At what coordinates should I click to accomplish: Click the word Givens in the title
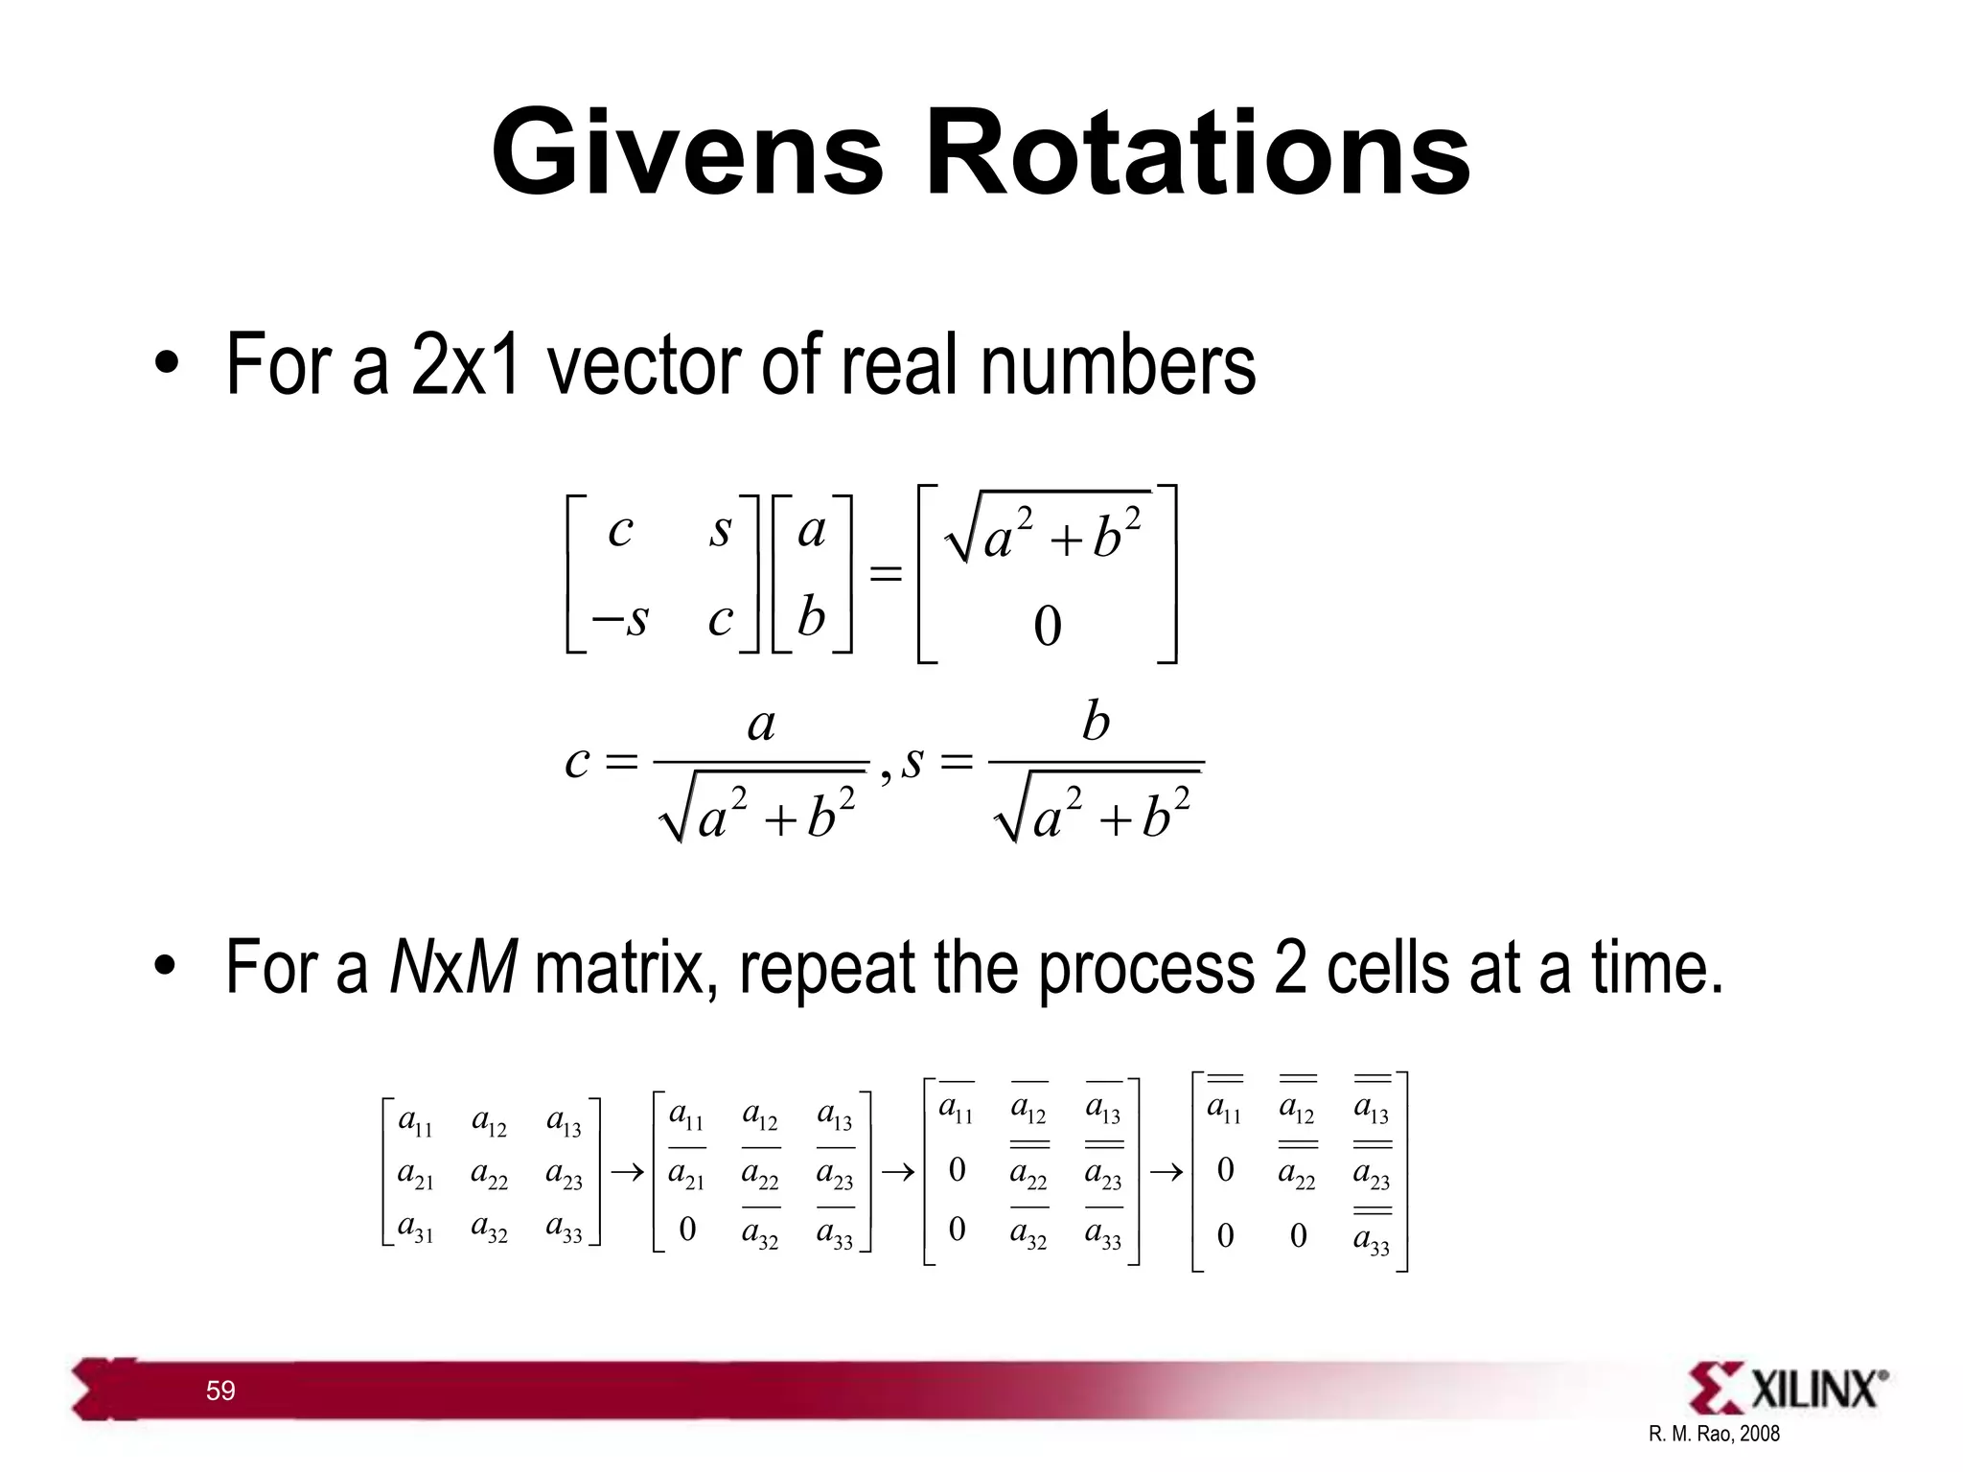[686, 153]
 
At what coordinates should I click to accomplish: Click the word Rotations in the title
[1197, 153]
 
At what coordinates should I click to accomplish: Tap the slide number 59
[220, 1391]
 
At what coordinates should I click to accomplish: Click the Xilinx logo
[1789, 1388]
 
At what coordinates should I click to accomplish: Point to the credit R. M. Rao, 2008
[1714, 1434]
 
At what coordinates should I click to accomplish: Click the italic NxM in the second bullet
[453, 967]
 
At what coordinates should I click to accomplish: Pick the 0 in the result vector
[1048, 627]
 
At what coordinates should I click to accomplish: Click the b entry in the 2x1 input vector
[811, 616]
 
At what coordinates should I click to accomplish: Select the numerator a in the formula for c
[761, 724]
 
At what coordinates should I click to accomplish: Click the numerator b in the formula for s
[1096, 722]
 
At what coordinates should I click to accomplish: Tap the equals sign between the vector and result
[885, 574]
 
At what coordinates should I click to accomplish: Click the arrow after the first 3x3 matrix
[627, 1172]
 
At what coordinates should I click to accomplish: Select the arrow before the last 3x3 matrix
[1166, 1172]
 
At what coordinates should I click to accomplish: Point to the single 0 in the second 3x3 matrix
[687, 1230]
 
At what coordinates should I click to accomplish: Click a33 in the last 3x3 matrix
[1372, 1240]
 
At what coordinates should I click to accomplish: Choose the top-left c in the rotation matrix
[621, 530]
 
